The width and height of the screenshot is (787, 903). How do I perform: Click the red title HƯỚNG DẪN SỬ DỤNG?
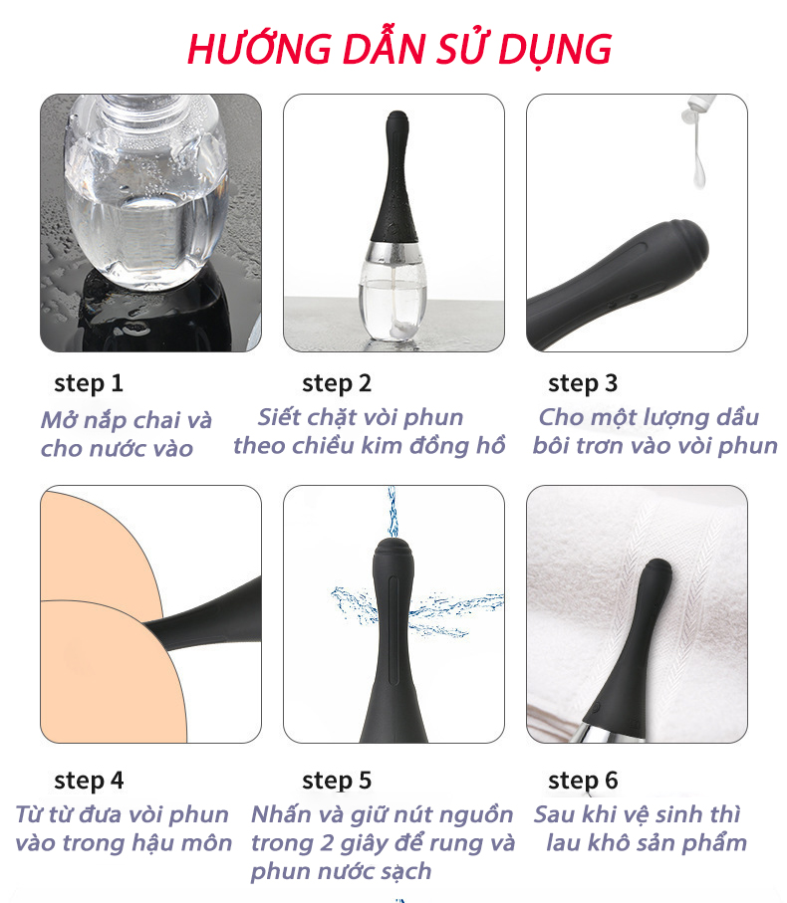[399, 49]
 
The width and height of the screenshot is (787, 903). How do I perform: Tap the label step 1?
[89, 383]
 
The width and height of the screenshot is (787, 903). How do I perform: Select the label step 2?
[337, 383]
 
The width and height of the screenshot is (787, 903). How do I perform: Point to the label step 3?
[583, 383]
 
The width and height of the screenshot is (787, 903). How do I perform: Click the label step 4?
[89, 781]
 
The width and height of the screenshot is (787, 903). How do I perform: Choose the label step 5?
[337, 781]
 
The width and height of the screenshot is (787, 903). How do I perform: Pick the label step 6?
[583, 781]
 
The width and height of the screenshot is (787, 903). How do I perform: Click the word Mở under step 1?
[60, 419]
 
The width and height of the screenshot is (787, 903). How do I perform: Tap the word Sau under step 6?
[554, 814]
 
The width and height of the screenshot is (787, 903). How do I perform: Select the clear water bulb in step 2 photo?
[393, 294]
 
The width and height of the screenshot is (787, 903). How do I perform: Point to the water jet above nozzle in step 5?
[393, 512]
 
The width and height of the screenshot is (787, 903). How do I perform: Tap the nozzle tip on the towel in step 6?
[656, 570]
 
